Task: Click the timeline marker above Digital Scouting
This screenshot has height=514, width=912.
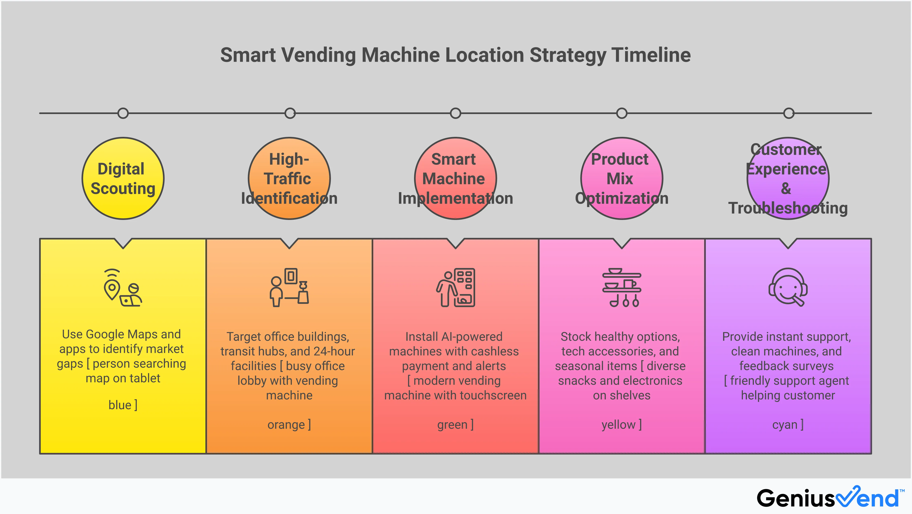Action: [123, 113]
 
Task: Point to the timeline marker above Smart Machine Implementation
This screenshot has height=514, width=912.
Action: [455, 113]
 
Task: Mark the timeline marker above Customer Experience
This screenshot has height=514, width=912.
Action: [789, 113]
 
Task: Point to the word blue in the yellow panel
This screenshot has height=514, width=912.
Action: [120, 405]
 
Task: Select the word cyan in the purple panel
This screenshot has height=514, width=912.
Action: [784, 425]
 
